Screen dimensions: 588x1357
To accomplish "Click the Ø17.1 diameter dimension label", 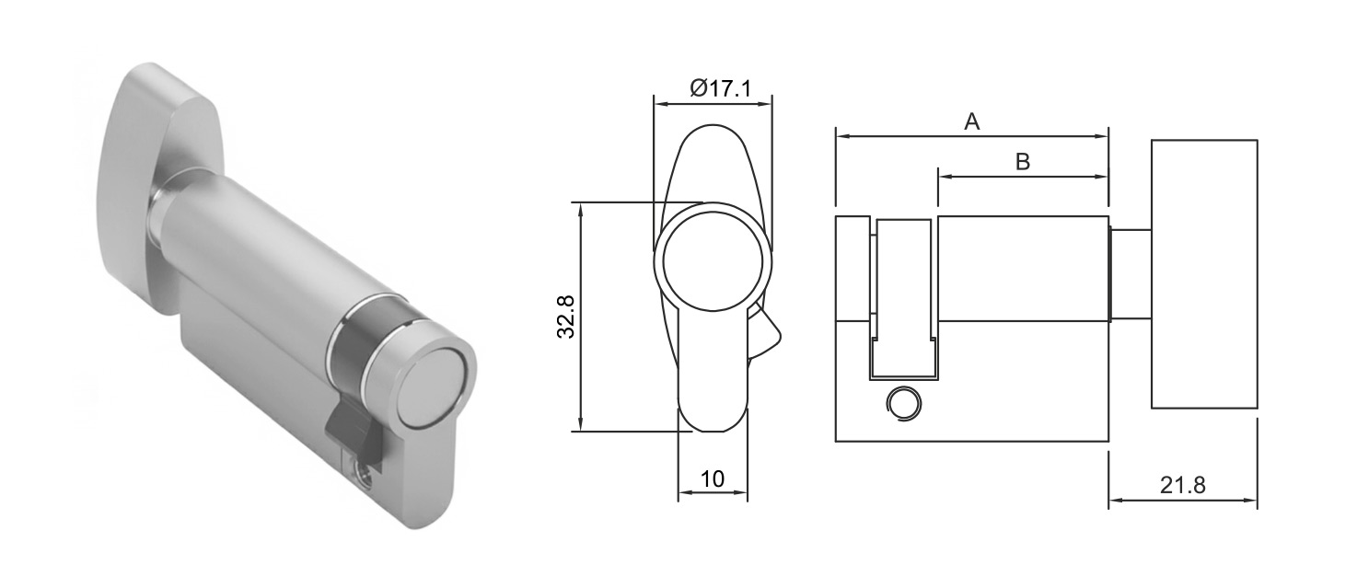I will click(721, 88).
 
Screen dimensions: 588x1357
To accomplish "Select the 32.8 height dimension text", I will click(565, 317).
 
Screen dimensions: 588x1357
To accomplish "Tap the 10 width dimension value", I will click(712, 478).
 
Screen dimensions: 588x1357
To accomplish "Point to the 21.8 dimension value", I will click(1182, 485).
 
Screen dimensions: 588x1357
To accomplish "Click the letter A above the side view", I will click(971, 121).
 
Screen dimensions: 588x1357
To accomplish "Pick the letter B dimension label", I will click(1022, 162).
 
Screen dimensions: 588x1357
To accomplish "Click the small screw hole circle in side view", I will click(902, 401).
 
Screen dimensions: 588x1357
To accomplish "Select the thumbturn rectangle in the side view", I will click(1204, 274).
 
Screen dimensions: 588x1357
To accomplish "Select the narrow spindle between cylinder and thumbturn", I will click(1130, 274).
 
